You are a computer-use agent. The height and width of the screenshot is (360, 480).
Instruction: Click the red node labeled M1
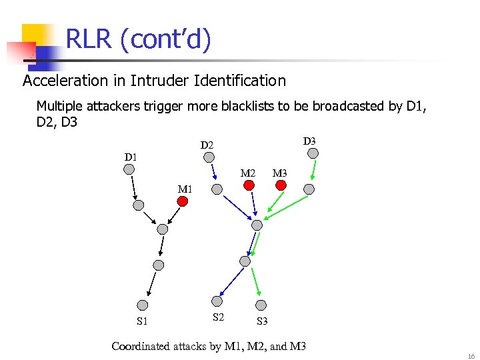pyautogui.click(x=181, y=200)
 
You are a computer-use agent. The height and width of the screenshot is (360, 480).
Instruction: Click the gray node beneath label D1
pyautogui.click(x=129, y=169)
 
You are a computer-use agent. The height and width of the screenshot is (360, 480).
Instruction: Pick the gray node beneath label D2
pyautogui.click(x=209, y=157)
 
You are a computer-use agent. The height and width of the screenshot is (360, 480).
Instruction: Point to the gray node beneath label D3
pyautogui.click(x=313, y=153)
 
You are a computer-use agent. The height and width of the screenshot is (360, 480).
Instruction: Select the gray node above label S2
pyautogui.click(x=215, y=300)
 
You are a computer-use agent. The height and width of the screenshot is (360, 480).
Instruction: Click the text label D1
pyautogui.click(x=131, y=157)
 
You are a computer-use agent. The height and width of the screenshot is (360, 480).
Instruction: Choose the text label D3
pyautogui.click(x=309, y=141)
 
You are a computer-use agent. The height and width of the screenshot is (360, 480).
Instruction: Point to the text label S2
pyautogui.click(x=218, y=317)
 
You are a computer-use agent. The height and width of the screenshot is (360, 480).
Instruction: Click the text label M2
pyautogui.click(x=248, y=173)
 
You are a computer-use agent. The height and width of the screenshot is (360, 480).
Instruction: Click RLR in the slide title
pyautogui.click(x=89, y=40)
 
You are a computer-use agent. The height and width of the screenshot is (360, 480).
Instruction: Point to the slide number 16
pyautogui.click(x=471, y=356)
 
